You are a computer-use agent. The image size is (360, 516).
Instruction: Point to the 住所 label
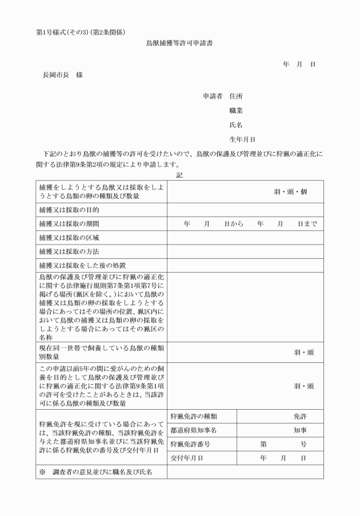235,96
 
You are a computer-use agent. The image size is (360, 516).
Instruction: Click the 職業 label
235,110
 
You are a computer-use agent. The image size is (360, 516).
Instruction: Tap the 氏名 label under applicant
235,125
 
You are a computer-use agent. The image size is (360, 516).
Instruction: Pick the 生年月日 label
242,139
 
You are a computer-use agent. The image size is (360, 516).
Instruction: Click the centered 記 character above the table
180,175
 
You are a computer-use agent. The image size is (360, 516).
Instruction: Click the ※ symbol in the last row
42,472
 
